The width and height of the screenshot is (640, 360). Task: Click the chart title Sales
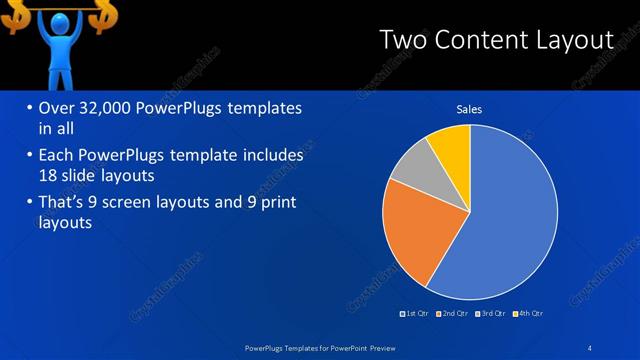(469, 108)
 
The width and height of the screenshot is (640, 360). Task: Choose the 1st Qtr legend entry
(415, 314)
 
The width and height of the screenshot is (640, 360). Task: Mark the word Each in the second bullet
(56, 156)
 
